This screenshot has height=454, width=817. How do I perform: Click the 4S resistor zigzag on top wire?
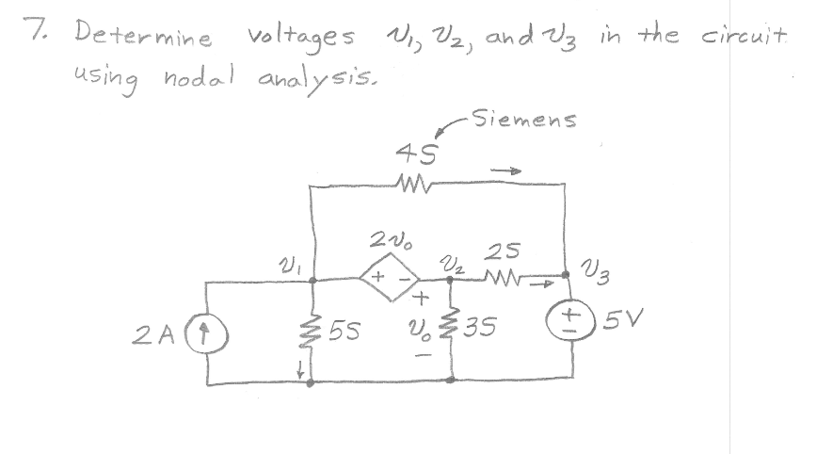[411, 180]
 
